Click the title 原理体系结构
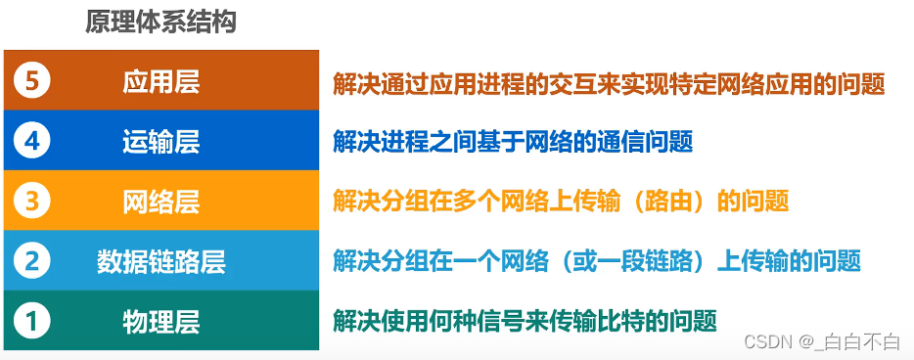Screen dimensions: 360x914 click(160, 22)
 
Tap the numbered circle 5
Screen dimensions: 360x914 click(32, 81)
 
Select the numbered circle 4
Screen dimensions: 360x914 click(32, 141)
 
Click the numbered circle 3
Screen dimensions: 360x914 click(32, 201)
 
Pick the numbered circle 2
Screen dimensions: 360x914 click(32, 260)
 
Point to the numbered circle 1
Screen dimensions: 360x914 click(32, 320)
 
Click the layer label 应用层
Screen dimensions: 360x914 click(161, 82)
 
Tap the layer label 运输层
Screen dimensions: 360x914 click(161, 142)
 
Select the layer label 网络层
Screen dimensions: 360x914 click(161, 202)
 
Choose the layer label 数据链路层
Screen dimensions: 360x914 click(161, 261)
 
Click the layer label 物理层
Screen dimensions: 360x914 click(161, 321)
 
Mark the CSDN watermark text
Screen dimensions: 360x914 click(768, 341)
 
